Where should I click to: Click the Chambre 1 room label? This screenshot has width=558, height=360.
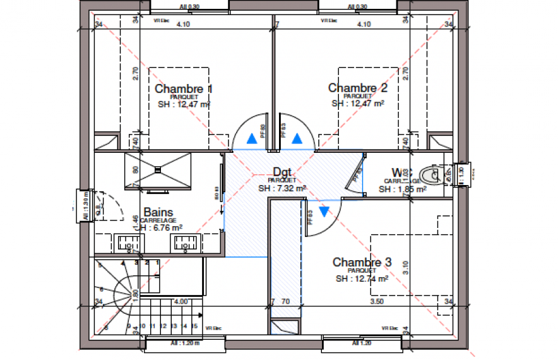(x=184, y=89)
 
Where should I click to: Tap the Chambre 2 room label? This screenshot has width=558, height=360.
(x=357, y=88)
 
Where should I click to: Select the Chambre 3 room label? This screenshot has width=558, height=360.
(x=362, y=262)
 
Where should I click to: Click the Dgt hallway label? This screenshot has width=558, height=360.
(x=282, y=172)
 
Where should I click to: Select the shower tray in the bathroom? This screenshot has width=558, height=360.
(x=158, y=170)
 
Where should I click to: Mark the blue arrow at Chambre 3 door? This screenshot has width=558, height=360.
(x=324, y=212)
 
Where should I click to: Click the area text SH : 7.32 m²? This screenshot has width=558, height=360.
(x=282, y=188)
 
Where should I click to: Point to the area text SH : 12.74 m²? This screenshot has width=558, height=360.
(x=361, y=278)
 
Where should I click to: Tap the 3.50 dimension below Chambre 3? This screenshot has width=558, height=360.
(x=377, y=302)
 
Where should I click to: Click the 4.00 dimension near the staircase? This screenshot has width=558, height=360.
(x=181, y=302)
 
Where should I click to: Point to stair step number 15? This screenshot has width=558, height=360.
(x=184, y=327)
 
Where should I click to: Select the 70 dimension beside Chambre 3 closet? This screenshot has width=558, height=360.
(x=285, y=302)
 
